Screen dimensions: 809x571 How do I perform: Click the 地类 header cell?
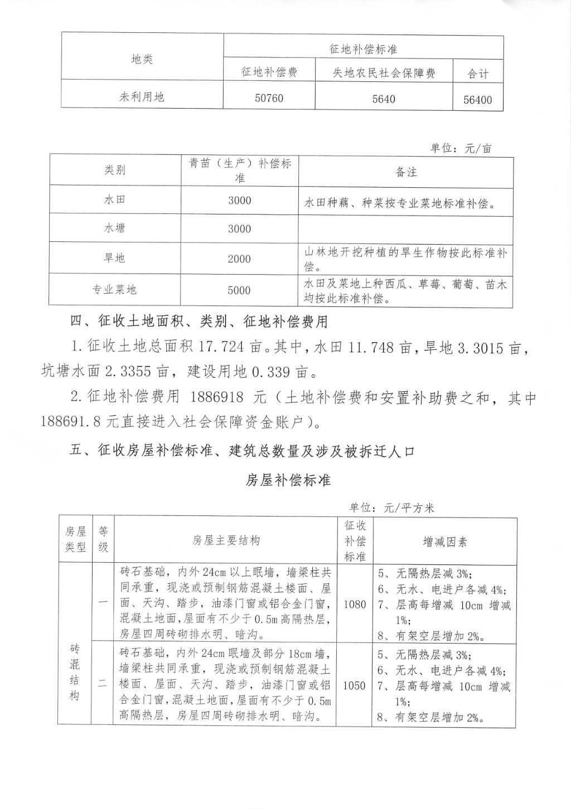pos(142,59)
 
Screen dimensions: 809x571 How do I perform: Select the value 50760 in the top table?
pos(269,98)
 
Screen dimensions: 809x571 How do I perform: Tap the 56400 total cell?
pos(478,100)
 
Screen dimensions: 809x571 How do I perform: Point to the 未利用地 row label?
pos(142,96)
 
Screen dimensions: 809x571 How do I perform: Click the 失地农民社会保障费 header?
pos(384,73)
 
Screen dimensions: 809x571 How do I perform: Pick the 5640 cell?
pos(384,99)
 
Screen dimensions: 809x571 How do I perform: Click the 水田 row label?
pos(114,199)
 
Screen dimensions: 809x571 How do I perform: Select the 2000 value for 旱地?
pos(239,259)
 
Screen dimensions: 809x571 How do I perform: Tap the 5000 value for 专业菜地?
pos(239,290)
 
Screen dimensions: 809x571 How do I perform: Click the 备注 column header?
pos(406,172)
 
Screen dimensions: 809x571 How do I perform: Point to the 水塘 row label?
pos(114,228)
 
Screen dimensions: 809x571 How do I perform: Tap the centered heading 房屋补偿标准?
pos(288,480)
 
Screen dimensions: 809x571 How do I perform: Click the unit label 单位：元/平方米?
pos(391,508)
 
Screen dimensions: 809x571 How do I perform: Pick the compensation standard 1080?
pos(355,604)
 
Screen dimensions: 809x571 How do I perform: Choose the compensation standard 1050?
pos(355,685)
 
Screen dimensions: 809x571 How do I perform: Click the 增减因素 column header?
pos(445,541)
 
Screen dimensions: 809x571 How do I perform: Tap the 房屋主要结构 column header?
pos(226,540)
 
